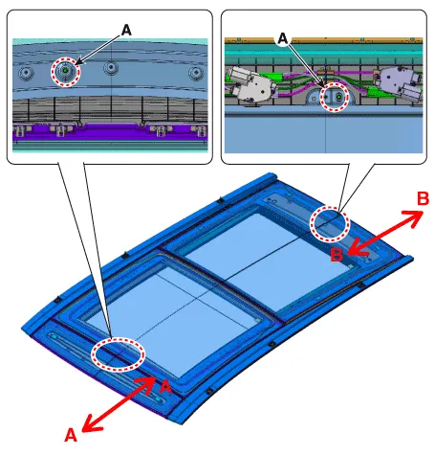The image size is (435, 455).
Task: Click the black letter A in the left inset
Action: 126,31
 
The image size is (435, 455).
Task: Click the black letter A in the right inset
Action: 283,39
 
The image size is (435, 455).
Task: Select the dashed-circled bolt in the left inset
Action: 66,71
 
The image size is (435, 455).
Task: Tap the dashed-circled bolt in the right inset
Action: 337,97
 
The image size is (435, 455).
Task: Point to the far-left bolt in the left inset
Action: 26,74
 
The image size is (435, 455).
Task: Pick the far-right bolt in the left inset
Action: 196,74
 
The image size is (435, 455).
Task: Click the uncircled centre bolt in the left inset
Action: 111,67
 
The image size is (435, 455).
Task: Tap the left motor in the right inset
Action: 250,83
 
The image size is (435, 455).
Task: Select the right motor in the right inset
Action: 401,83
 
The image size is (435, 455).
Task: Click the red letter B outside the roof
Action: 423,198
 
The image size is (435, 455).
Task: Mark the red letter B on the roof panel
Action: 337,255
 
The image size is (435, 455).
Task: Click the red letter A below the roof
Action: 71,435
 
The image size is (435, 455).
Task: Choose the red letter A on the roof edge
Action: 165,387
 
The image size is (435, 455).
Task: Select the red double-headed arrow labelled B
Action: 385,233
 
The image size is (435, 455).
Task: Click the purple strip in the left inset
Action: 110,133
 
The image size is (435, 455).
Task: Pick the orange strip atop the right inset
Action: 324,40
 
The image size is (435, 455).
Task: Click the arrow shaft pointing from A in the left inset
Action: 98,50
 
